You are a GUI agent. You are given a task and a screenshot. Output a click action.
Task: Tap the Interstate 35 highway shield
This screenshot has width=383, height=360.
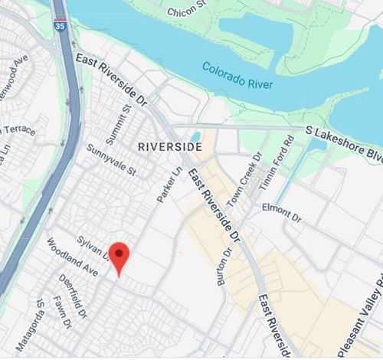point(60,25)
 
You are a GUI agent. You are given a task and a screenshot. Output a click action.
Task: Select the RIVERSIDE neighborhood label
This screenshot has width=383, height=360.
point(165,145)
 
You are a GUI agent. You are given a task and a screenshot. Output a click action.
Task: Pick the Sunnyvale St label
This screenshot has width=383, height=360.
point(110,159)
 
